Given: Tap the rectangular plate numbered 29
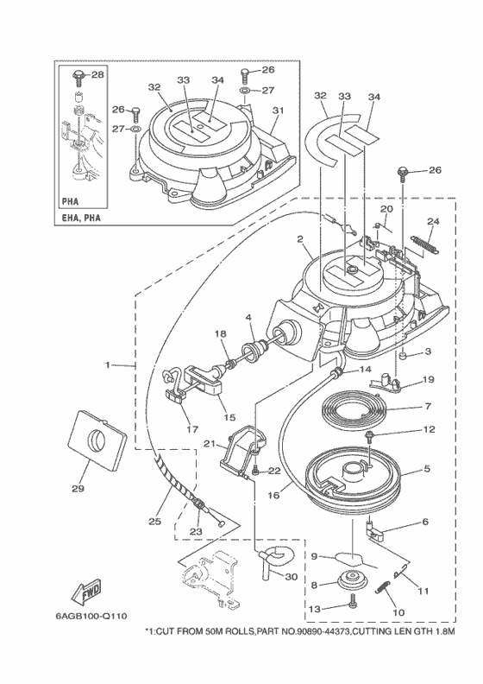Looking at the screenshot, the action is coord(97,441).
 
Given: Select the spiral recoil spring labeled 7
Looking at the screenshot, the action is coord(354,408).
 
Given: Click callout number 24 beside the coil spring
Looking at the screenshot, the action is coord(433,221).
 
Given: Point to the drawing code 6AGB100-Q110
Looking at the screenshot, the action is coord(91,616).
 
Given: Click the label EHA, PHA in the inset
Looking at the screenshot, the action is coord(81,218).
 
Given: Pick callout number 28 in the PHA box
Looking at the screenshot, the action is coord(98,74).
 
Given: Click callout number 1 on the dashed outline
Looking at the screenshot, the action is coord(108,364).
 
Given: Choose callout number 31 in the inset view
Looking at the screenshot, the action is coord(278,111).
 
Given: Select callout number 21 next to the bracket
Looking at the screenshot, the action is coord(210,444).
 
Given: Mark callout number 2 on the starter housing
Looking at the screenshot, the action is coord(299,238).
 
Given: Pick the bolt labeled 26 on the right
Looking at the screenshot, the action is coord(402,173).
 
